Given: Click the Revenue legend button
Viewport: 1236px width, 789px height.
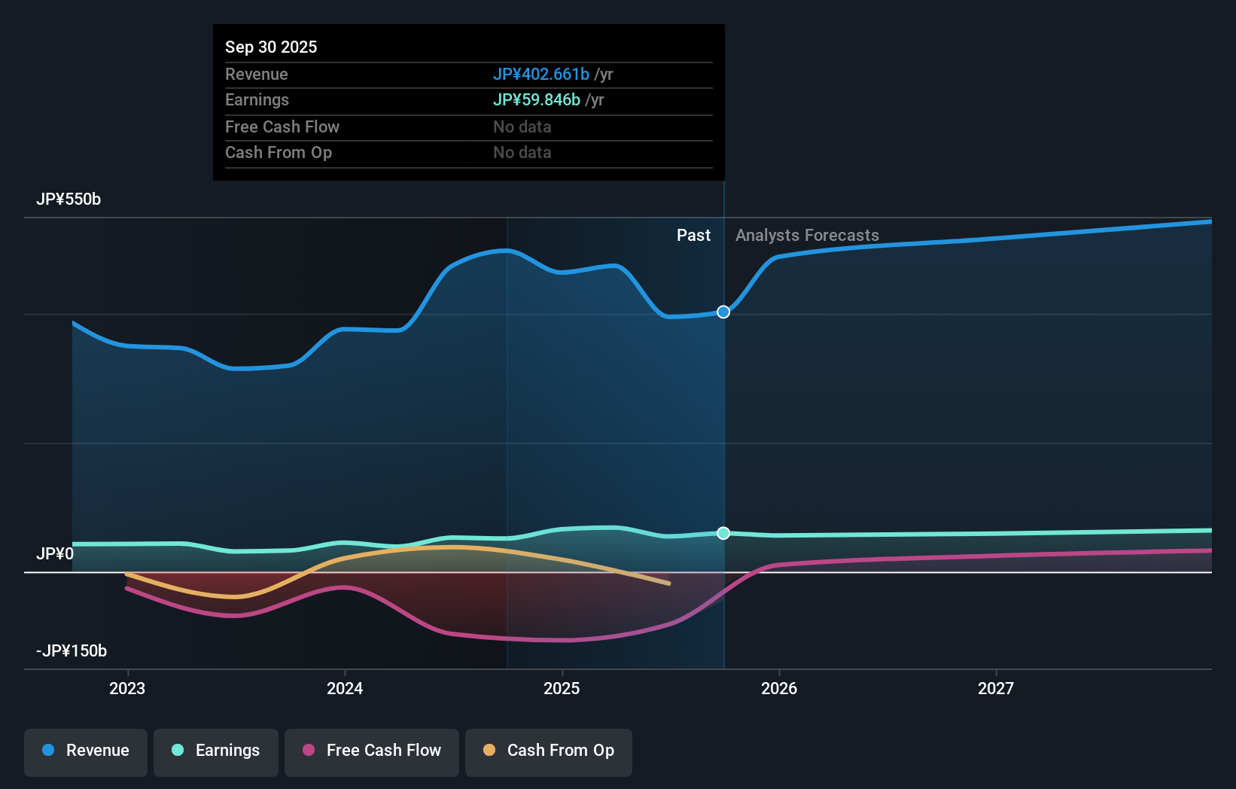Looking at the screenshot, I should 86,751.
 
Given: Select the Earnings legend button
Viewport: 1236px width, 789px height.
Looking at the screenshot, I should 216,751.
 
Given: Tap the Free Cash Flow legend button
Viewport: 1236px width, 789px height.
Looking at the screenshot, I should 372,751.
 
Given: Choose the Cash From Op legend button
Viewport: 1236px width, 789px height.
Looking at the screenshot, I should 549,751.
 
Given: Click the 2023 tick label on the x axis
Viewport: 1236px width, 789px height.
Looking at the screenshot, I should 127,688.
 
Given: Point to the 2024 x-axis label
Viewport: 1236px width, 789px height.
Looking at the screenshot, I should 345,688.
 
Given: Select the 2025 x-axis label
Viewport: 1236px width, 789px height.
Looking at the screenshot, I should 562,688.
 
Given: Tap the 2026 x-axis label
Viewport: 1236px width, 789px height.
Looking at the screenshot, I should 779,688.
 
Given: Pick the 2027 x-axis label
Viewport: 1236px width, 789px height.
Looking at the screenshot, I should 996,688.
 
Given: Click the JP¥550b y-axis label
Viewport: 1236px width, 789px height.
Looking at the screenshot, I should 68,200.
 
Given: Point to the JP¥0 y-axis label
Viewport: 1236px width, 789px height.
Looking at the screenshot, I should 55,554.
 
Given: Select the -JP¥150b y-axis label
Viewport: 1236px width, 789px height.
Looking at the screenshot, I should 72,651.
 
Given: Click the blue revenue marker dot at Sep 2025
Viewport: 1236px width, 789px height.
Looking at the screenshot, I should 723,312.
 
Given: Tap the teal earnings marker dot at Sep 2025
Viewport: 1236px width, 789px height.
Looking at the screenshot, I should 723,533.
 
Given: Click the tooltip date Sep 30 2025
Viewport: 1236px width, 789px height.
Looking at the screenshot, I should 271,47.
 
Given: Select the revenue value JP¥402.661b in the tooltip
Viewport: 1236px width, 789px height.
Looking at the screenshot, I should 540,74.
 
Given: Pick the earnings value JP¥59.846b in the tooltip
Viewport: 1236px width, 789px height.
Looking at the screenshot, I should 536,100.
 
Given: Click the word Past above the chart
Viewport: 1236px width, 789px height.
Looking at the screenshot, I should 693,236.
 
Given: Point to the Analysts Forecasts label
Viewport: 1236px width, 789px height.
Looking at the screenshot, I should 807,236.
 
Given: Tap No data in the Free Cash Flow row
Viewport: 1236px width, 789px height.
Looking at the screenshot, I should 522,126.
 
